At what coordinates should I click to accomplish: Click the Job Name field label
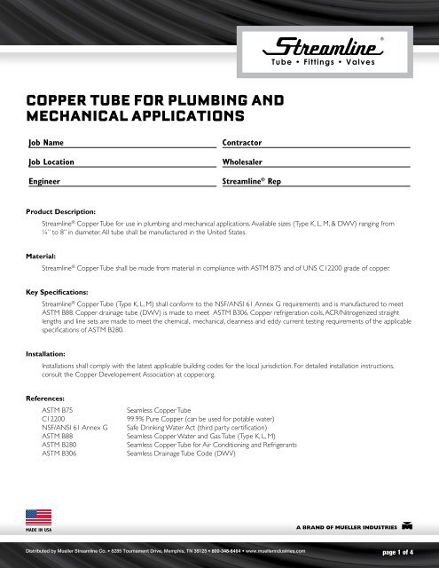tap(45, 142)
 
